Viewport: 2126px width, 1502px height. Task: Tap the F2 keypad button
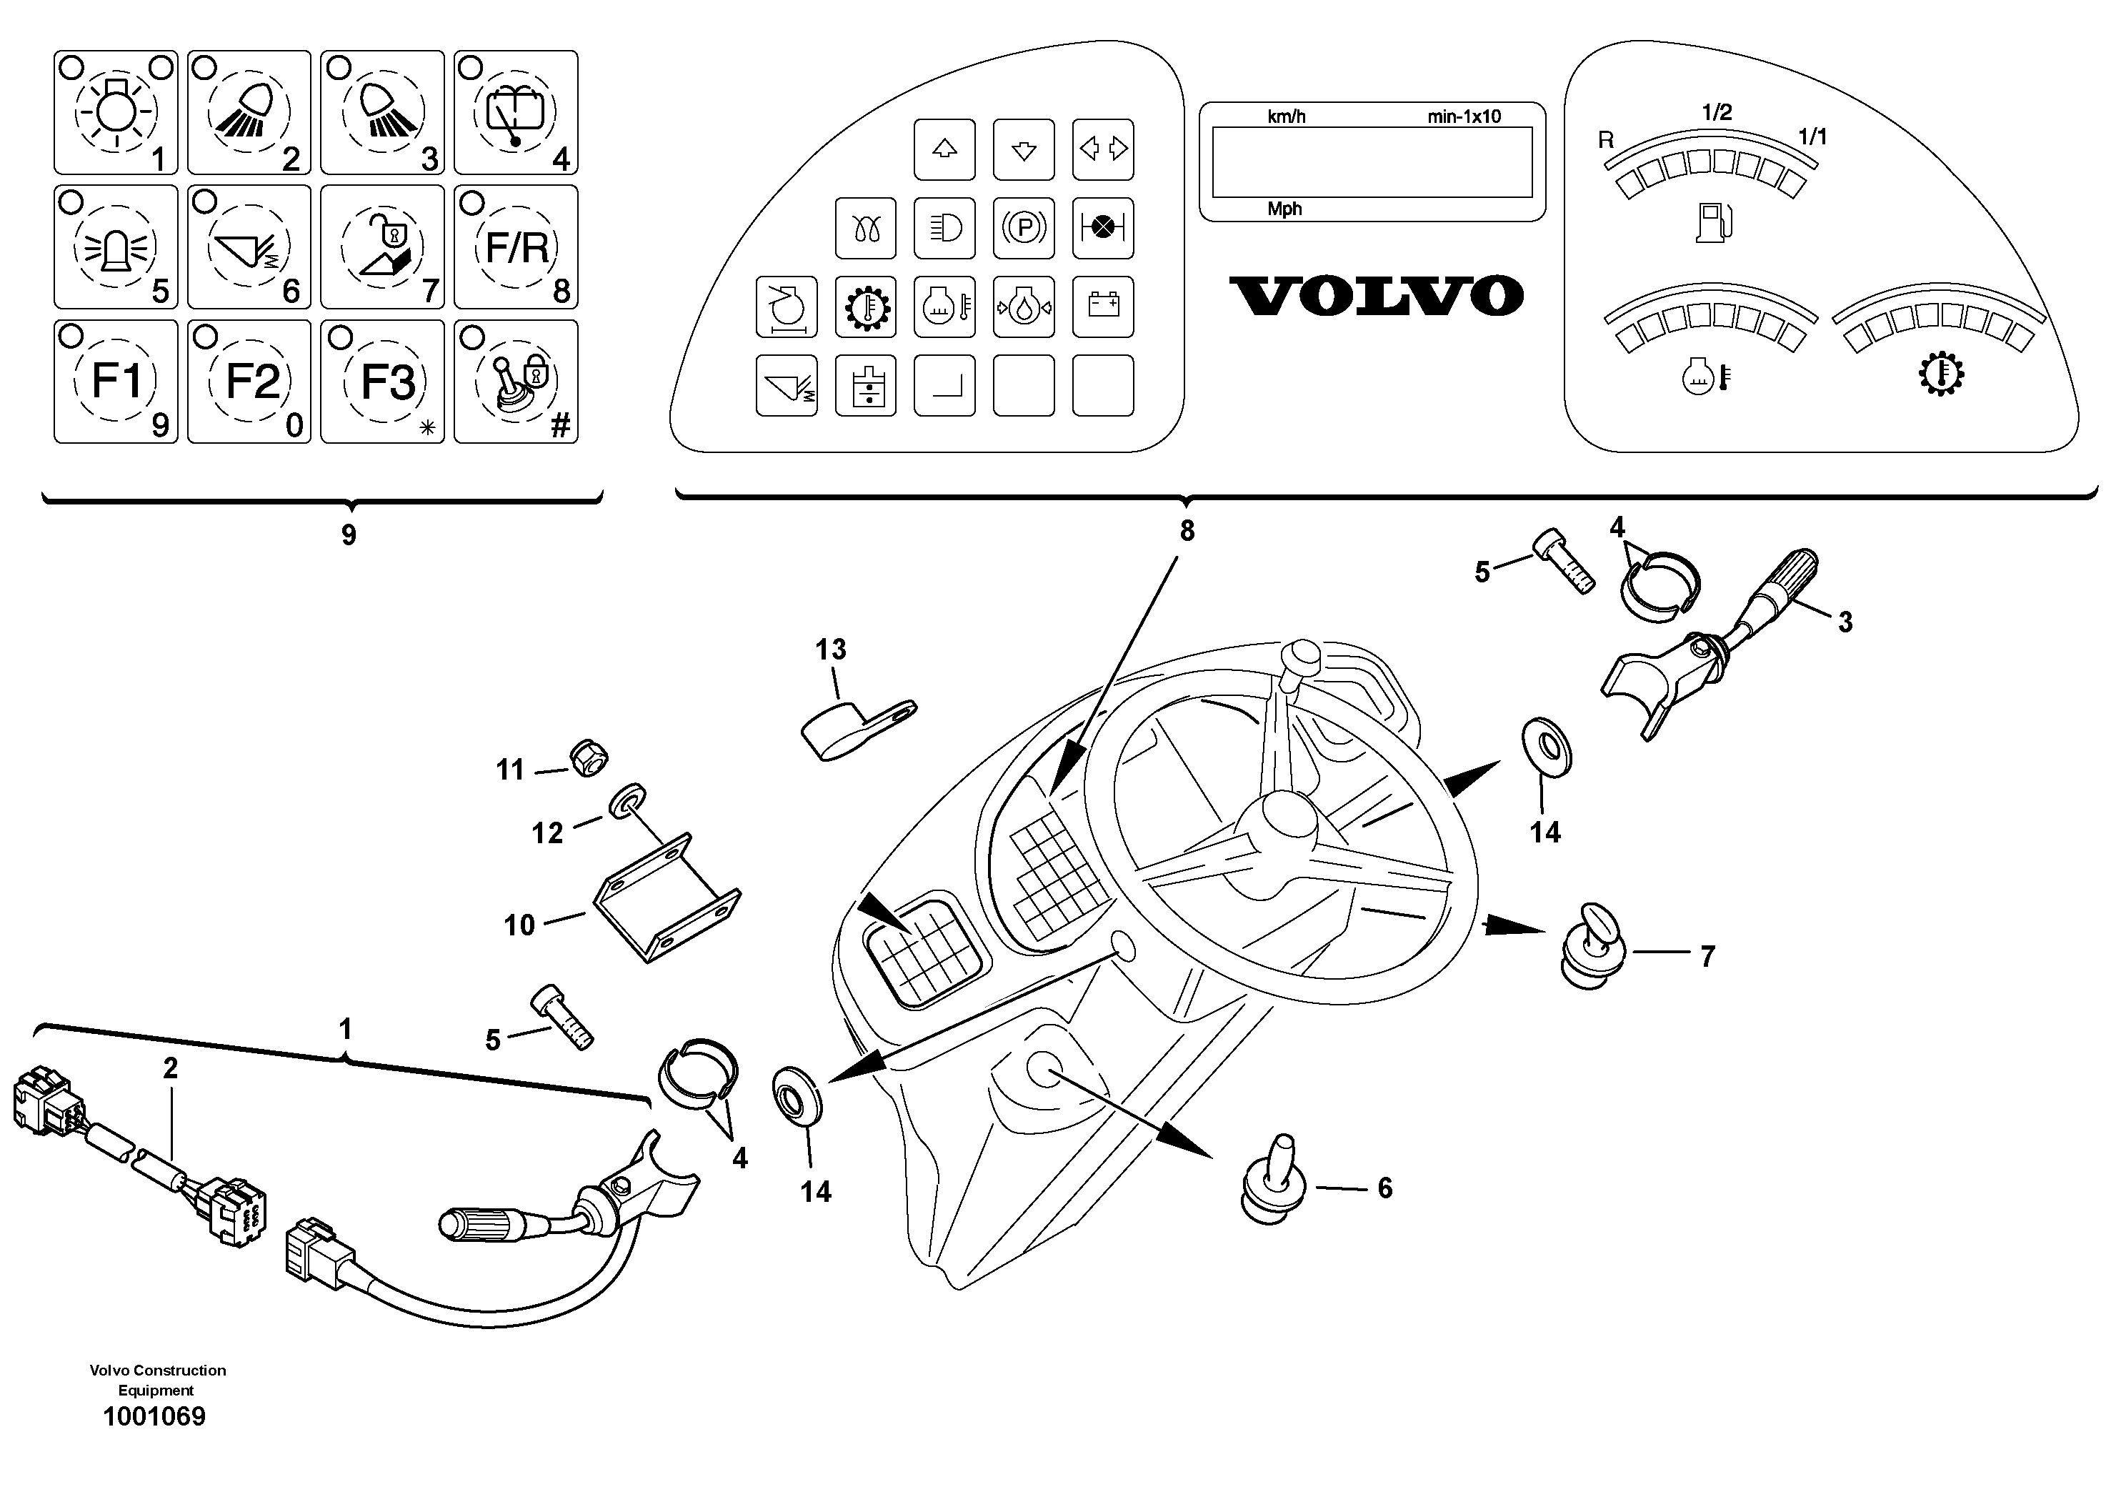(249, 382)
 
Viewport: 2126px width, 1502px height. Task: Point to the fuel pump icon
(1713, 222)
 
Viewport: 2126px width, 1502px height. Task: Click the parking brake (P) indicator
(1023, 228)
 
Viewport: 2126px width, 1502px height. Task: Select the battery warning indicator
(1103, 307)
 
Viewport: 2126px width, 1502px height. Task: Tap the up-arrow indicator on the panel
(944, 149)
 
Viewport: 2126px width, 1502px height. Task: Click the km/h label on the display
(1286, 116)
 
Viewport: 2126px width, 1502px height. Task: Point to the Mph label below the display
(1284, 209)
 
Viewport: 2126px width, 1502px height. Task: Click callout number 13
(831, 650)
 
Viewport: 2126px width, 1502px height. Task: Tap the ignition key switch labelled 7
(1591, 946)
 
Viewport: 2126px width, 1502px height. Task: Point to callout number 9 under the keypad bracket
(349, 535)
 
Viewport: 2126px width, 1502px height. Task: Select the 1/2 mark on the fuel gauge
(1717, 113)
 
